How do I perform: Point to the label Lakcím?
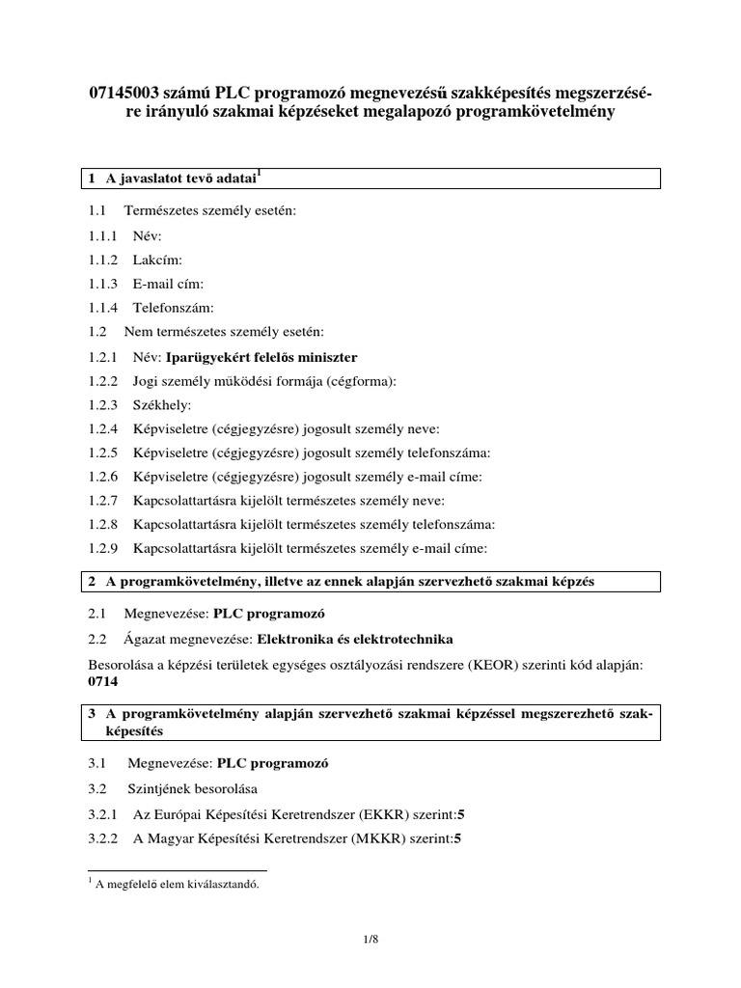click(156, 260)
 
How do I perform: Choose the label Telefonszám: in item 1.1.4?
click(173, 308)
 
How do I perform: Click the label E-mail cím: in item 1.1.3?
click(168, 284)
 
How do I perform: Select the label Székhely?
click(162, 405)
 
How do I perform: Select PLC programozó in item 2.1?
click(271, 615)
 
